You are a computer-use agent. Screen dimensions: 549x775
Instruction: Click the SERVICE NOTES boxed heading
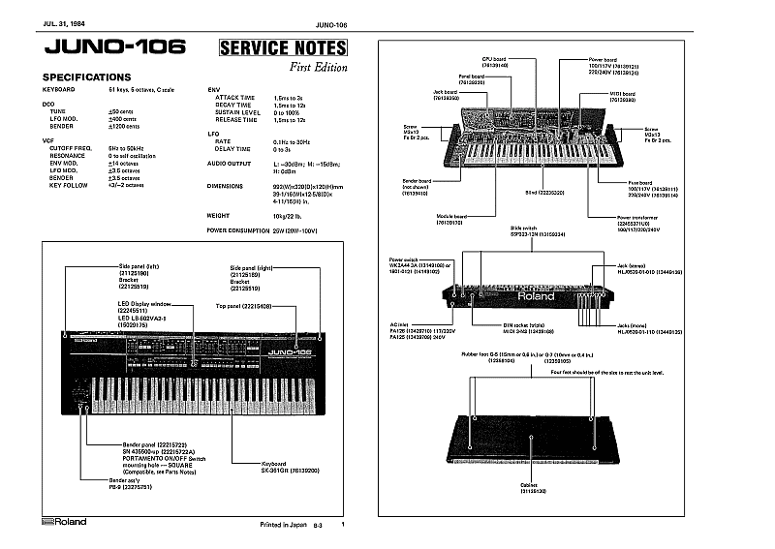[283, 47]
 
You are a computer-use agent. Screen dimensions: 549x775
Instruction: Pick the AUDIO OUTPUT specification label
[231, 164]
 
